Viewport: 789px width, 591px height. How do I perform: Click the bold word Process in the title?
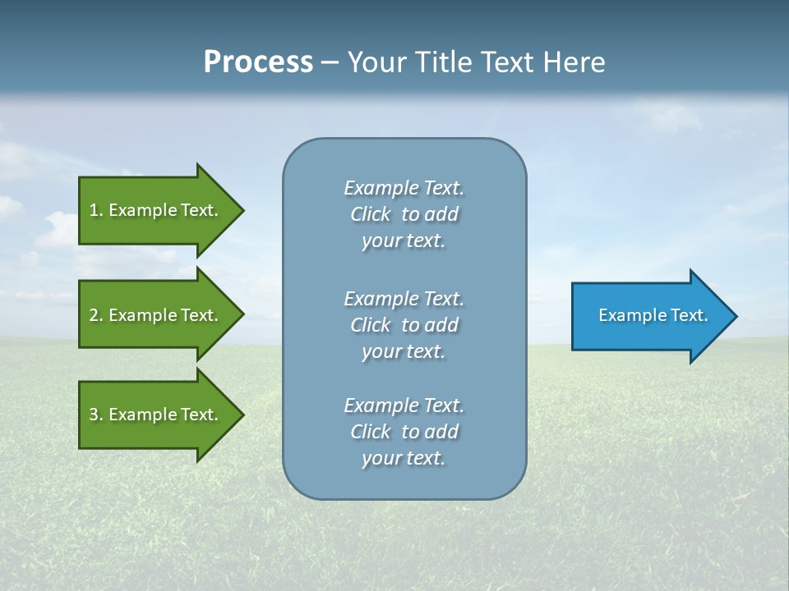(x=258, y=62)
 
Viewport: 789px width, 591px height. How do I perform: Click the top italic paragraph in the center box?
(x=404, y=214)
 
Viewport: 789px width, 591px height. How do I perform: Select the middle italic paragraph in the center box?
(x=404, y=325)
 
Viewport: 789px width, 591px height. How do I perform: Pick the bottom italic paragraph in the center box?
(x=404, y=432)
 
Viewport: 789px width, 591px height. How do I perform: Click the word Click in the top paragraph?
(x=370, y=214)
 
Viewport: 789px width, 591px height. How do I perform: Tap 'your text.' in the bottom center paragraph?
(x=404, y=458)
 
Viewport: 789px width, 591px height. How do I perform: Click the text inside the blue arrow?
(x=653, y=315)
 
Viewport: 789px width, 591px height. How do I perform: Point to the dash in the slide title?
(x=330, y=63)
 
